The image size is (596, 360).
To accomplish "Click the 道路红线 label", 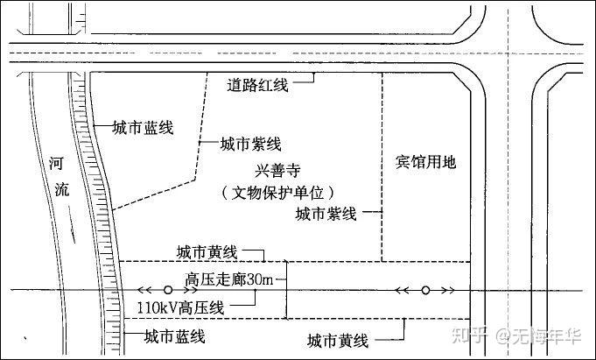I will [258, 85].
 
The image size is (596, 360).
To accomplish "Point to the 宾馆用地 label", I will [426, 162].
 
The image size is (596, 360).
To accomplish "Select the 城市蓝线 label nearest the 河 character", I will [143, 128].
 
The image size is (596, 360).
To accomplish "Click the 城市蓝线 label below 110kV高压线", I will [174, 335].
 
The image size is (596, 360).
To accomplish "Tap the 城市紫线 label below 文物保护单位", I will [325, 213].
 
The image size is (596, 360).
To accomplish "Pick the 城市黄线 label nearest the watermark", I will [339, 338].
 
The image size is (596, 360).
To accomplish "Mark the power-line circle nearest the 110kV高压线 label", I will [168, 290].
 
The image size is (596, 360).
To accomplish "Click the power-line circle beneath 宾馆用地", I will [425, 290].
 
